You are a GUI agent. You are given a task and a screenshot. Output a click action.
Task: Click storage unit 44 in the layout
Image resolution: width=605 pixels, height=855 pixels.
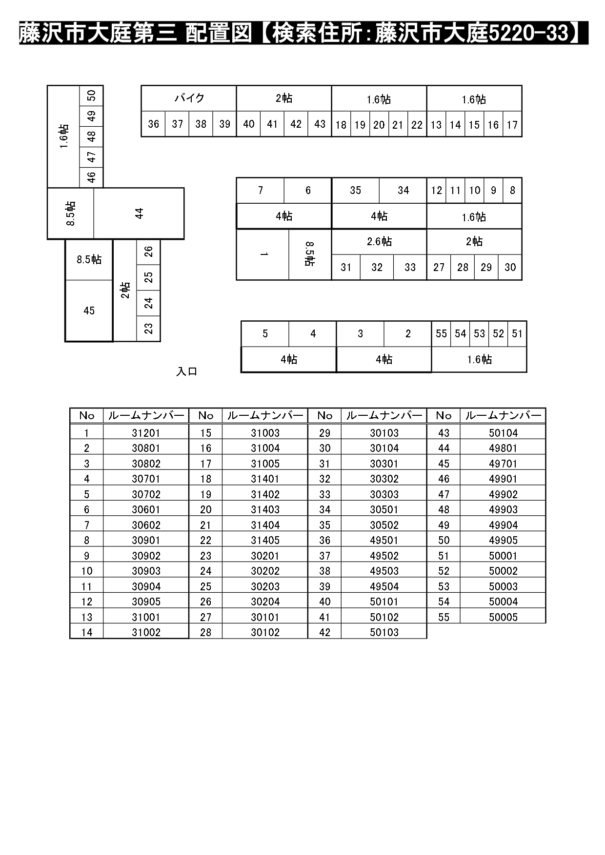pyautogui.click(x=139, y=214)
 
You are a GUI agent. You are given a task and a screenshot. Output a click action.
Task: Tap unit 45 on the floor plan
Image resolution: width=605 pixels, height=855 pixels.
pyautogui.click(x=89, y=311)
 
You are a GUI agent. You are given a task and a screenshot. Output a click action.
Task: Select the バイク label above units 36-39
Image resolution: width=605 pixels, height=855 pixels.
pyautogui.click(x=189, y=98)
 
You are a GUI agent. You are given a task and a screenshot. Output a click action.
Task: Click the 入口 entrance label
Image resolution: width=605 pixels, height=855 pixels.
pyautogui.click(x=186, y=371)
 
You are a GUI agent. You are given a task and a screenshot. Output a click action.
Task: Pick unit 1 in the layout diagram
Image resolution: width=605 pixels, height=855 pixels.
pyautogui.click(x=263, y=254)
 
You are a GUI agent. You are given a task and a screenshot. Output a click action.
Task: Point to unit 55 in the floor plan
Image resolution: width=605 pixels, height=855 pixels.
pyautogui.click(x=441, y=333)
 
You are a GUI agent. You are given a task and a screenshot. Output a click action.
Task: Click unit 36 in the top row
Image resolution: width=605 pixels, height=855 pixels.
pyautogui.click(x=153, y=124)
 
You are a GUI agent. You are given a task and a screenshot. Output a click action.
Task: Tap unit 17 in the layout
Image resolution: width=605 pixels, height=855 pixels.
pyautogui.click(x=512, y=125)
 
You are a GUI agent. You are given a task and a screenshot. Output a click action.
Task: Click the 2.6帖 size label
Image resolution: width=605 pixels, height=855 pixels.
pyautogui.click(x=379, y=241)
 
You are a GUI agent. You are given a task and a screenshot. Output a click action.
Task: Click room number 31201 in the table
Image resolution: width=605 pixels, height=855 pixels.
pyautogui.click(x=146, y=433)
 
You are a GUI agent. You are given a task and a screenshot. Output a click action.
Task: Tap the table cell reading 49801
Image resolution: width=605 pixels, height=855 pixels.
pyautogui.click(x=503, y=448)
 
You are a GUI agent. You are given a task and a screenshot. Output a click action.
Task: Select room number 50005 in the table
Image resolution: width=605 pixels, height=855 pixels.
pyautogui.click(x=503, y=617)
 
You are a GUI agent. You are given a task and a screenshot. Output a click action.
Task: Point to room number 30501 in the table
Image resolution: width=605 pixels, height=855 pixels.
pyautogui.click(x=384, y=509)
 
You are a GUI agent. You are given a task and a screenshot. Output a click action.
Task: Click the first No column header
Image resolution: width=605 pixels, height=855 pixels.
pyautogui.click(x=86, y=415)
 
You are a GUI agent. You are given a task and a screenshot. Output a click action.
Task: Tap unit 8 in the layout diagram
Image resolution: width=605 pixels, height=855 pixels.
pyautogui.click(x=512, y=190)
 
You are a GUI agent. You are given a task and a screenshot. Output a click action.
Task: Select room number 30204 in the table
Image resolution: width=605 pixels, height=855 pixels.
pyautogui.click(x=265, y=602)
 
